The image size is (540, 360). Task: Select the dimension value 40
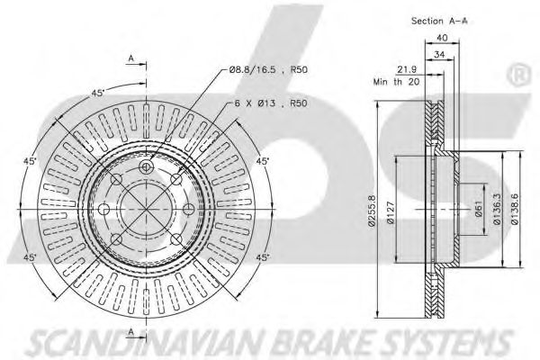pyautogui.click(x=442, y=37)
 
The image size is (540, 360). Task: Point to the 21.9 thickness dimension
pyautogui.click(x=406, y=69)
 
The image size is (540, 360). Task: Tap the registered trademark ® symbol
pyautogui.click(x=521, y=72)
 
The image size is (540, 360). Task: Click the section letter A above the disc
pyautogui.click(x=130, y=59)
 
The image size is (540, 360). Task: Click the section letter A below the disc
pyautogui.click(x=130, y=333)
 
